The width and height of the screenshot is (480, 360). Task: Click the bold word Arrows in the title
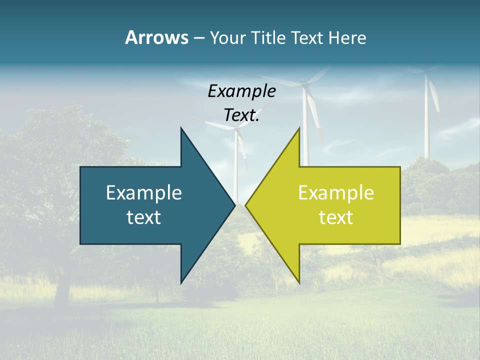tap(156, 37)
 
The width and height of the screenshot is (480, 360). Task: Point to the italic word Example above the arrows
tap(241, 91)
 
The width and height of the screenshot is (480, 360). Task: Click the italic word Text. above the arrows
tap(241, 115)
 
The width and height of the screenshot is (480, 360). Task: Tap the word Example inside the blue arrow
tap(144, 193)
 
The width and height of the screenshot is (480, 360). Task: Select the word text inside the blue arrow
tap(144, 217)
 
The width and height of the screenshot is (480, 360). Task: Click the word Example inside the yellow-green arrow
tap(336, 193)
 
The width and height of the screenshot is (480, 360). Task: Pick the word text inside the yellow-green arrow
tap(336, 217)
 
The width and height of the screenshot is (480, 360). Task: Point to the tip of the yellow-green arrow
tap(245, 205)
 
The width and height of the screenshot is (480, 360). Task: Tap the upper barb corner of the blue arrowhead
tap(181, 128)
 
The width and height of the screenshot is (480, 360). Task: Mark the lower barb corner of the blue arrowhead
tap(181, 282)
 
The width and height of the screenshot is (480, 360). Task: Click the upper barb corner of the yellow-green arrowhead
tap(299, 128)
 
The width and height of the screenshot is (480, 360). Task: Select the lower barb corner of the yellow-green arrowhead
tap(299, 282)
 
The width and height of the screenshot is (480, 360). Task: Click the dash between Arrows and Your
tap(198, 38)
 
